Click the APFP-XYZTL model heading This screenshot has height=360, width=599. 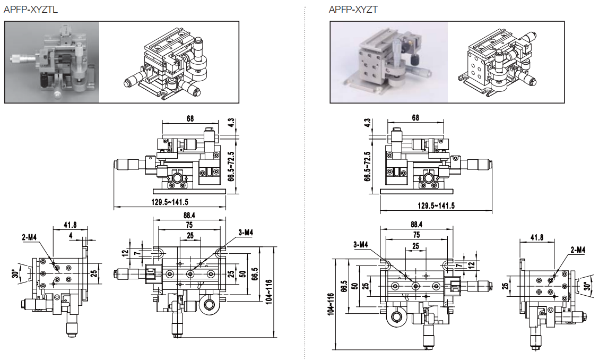pyautogui.click(x=31, y=10)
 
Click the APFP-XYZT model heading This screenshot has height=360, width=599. pyautogui.click(x=353, y=10)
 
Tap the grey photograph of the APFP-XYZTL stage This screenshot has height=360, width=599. pyautogui.click(x=51, y=62)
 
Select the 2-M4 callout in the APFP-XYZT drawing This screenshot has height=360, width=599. pyautogui.click(x=577, y=250)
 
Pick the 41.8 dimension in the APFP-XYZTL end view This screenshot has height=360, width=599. pyautogui.click(x=70, y=225)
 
